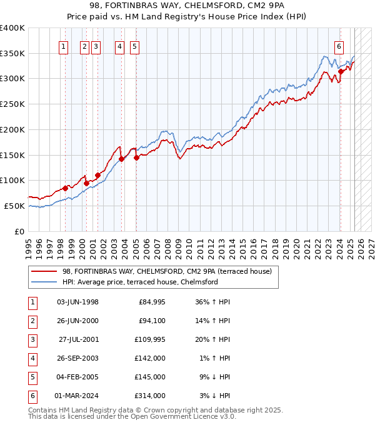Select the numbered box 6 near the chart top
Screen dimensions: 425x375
339,46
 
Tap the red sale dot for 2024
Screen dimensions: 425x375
341,71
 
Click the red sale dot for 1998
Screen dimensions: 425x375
65,188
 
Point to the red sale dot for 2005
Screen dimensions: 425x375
136,157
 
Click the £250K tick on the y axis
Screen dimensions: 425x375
12,104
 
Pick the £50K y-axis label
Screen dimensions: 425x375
15,206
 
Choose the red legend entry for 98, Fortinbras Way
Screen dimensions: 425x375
167,272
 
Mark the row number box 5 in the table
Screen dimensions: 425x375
31,377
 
